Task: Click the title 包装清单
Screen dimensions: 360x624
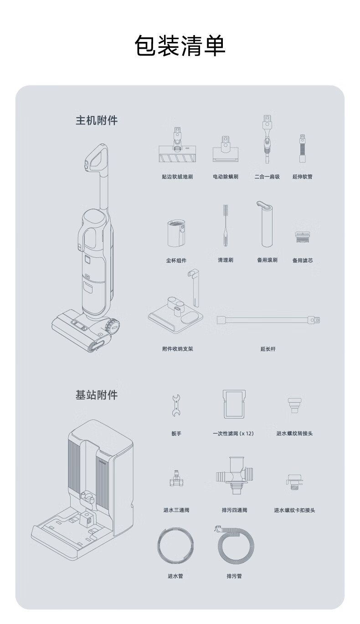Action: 180,46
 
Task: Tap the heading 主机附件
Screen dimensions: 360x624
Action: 97,120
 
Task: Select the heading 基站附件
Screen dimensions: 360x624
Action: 97,395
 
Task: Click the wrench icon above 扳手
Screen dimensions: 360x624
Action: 176,405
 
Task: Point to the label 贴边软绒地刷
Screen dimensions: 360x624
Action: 177,177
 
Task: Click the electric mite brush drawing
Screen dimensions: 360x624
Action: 226,149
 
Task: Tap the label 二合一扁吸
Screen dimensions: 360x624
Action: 267,177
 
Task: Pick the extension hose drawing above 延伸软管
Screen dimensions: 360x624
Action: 303,148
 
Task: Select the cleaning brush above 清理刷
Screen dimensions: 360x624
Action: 226,225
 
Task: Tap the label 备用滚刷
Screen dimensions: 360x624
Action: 267,260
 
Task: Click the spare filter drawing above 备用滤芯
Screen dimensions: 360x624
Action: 302,237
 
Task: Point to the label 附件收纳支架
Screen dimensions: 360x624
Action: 177,349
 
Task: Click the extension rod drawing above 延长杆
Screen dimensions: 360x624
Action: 268,320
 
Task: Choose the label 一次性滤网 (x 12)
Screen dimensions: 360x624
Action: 233,434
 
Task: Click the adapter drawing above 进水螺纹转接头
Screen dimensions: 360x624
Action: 294,405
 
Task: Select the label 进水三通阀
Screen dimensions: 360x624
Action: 176,510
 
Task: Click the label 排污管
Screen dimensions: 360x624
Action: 234,576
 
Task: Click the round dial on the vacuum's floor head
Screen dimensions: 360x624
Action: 112,325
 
